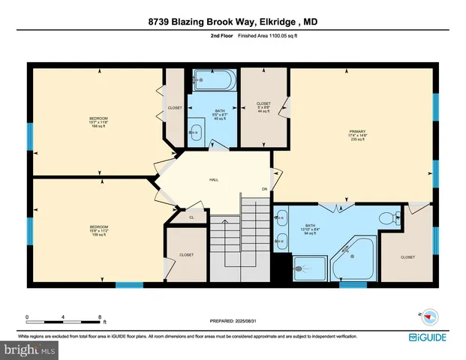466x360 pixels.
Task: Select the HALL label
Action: pyautogui.click(x=213, y=180)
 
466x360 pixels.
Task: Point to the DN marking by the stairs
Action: pyautogui.click(x=264, y=188)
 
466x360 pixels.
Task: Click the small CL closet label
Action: pyautogui.click(x=191, y=217)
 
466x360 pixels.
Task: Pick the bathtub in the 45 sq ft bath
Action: pyautogui.click(x=213, y=80)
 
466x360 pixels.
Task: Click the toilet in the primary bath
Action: pyautogui.click(x=388, y=218)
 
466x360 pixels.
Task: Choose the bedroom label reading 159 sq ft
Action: pyautogui.click(x=98, y=230)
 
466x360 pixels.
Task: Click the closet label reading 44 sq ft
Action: pyautogui.click(x=263, y=106)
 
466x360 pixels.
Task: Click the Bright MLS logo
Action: pyautogui.click(x=29, y=349)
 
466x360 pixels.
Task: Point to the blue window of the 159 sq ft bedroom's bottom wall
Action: pyautogui.click(x=129, y=284)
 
